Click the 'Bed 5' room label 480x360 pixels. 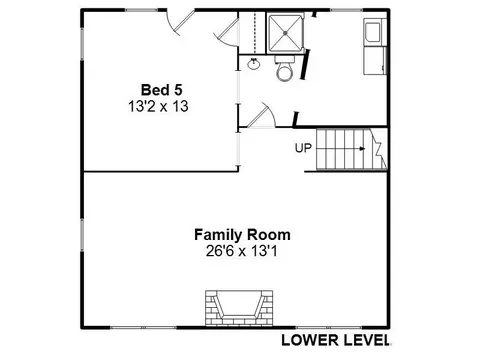point(162,90)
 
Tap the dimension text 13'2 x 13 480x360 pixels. point(158,106)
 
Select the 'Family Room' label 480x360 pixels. point(242,235)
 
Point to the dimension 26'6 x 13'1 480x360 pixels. point(242,251)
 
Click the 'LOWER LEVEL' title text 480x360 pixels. point(335,340)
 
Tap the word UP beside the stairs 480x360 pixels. point(303,148)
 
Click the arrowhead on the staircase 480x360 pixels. point(363,149)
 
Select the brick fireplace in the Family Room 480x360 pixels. point(239,308)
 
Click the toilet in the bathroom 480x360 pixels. point(284,69)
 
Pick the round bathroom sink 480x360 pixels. point(254,63)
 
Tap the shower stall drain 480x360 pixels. point(285,33)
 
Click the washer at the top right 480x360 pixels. point(375,32)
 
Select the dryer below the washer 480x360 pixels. point(375,61)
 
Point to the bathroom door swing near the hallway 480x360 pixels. point(262,115)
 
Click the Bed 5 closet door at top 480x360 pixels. point(227,32)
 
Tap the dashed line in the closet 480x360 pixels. point(255,32)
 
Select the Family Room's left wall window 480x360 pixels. point(82,235)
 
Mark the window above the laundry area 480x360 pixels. point(346,10)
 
